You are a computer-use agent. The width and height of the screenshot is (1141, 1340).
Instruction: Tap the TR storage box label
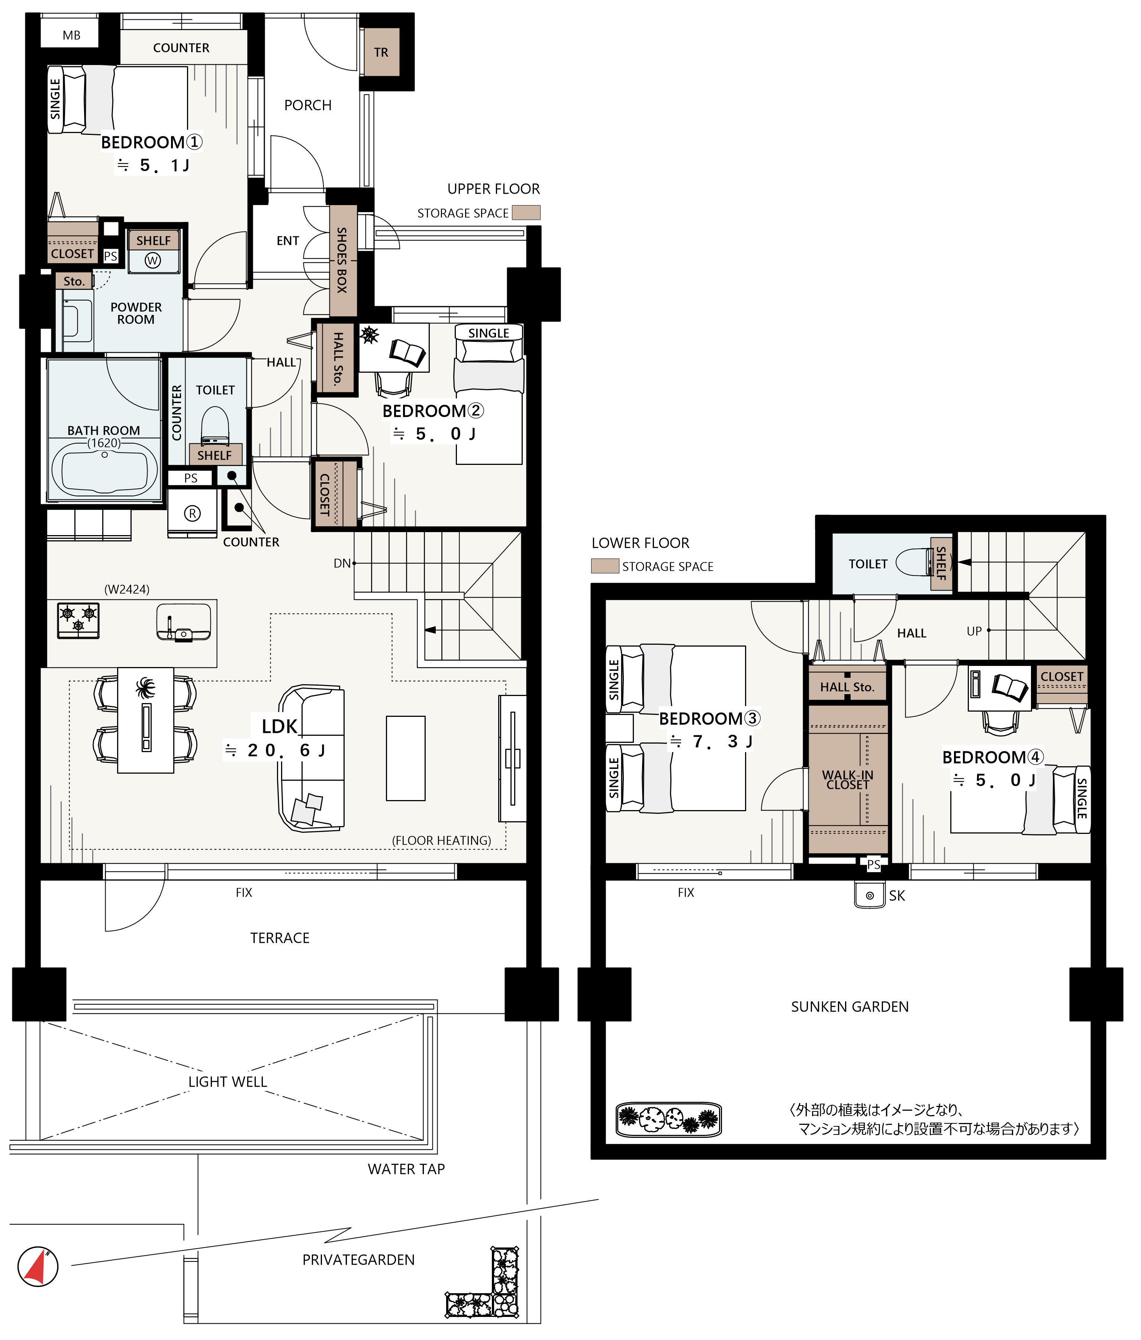pos(381,52)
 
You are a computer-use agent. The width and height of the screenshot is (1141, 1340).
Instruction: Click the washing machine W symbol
pos(153,260)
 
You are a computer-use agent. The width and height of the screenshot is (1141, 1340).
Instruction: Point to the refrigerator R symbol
pos(192,513)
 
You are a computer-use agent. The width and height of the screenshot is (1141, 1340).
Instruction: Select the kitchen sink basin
pos(184,621)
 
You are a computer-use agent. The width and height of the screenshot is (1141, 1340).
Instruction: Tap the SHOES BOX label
pos(342,260)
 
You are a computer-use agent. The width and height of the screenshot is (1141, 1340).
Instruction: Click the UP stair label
pos(974,631)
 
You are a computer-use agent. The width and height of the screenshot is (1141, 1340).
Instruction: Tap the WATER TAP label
pos(406,1169)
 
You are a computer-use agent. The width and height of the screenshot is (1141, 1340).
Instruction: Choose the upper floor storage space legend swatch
pos(526,213)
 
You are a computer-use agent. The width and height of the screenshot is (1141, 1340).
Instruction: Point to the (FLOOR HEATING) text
pos(441,840)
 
